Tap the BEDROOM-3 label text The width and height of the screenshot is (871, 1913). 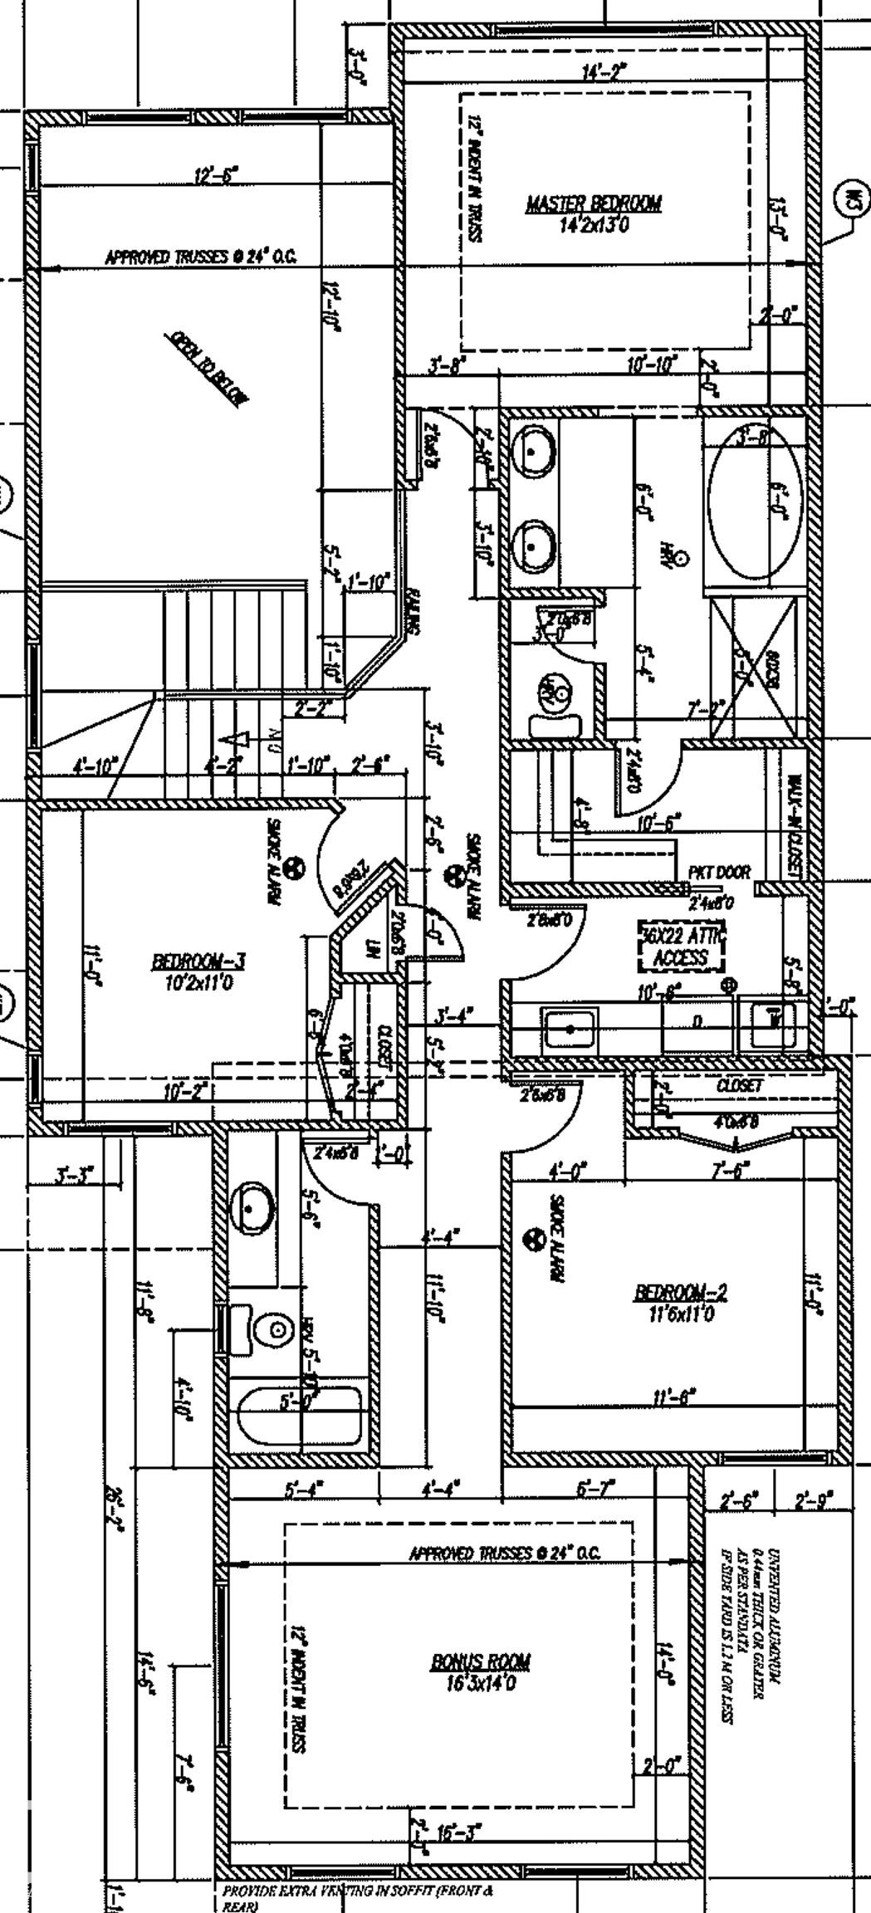198,962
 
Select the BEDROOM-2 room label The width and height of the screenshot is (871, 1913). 681,1293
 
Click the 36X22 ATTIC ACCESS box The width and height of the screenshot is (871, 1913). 681,947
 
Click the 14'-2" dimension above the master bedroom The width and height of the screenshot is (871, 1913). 604,73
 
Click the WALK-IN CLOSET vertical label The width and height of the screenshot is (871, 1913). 795,827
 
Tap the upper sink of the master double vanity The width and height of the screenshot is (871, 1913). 532,453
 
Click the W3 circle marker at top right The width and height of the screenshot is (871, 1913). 854,198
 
